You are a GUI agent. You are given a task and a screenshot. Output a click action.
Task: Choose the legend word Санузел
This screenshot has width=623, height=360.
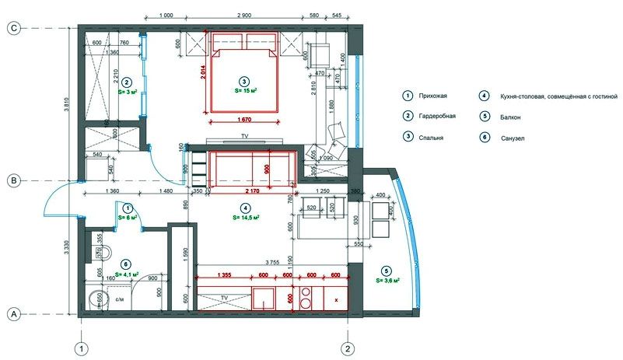point(509,137)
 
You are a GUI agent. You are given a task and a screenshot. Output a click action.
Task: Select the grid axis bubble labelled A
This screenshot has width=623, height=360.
point(13,314)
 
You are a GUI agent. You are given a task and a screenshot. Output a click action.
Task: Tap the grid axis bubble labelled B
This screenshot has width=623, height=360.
point(13,180)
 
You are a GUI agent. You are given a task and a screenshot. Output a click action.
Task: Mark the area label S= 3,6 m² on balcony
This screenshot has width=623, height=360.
point(387,280)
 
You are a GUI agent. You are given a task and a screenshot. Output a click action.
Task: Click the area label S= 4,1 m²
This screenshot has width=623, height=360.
point(127,274)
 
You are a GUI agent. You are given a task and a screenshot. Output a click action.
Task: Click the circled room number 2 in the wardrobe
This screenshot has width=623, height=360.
point(127,81)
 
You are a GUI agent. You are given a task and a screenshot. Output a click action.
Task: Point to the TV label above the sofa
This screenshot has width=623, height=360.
point(244,137)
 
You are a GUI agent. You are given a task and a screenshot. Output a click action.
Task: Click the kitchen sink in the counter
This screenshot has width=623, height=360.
point(264,297)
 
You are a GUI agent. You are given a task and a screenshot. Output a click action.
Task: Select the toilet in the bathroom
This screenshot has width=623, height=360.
point(106,251)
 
